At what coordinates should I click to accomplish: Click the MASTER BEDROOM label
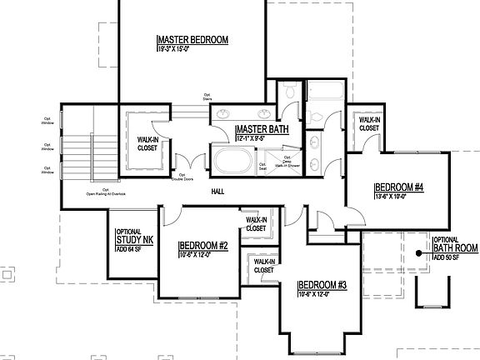coord(192,40)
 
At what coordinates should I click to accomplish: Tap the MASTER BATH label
coord(262,129)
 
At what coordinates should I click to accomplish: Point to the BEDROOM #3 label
coord(322,283)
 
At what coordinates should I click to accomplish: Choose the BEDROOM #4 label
coord(399,187)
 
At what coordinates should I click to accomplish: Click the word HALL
coord(218,192)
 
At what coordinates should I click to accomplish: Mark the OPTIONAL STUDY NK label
coord(133,237)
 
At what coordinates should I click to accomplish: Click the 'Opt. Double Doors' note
coord(182,177)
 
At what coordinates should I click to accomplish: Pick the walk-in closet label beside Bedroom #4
coord(370,124)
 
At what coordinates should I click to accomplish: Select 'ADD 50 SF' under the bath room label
coord(446,257)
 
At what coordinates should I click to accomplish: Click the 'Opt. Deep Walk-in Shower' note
coord(287,162)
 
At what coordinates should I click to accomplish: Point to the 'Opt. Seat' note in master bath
coord(262,166)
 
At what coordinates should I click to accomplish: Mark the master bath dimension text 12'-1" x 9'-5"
coord(254,138)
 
